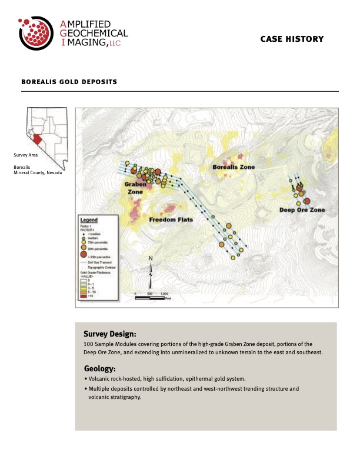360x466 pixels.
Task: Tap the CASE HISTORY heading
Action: pos(292,39)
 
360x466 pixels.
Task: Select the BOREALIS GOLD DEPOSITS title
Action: pos(69,82)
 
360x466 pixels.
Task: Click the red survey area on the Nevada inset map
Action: pos(36,141)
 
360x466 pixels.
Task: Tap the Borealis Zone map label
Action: pos(234,168)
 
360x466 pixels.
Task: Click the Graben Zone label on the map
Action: pos(135,188)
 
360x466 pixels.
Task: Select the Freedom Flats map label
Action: pos(171,220)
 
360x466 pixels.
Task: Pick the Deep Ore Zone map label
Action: pos(302,210)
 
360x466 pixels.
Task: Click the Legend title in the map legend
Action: pos(89,219)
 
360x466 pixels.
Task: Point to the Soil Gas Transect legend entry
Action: pos(101,262)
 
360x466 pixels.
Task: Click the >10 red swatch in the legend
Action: pos(83,296)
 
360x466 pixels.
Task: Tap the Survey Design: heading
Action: pos(110,333)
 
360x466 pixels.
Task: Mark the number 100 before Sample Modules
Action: pos(89,344)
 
